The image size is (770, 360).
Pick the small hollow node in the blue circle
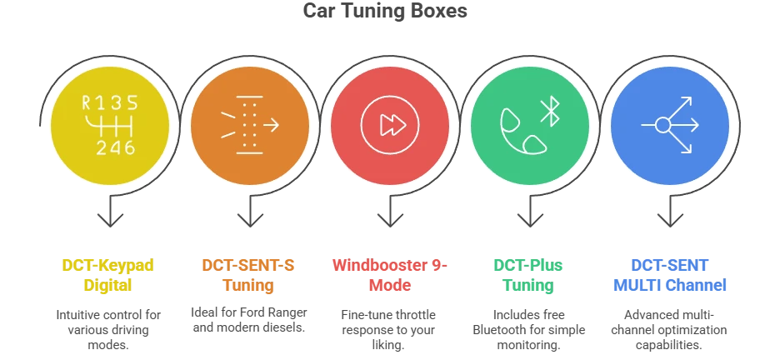662,126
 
